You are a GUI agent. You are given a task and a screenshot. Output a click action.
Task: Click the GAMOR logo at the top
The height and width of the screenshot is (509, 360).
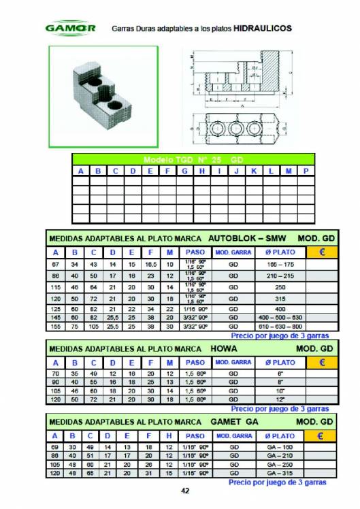(x=69, y=29)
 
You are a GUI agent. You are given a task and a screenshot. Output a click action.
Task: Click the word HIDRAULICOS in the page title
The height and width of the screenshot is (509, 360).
(x=262, y=29)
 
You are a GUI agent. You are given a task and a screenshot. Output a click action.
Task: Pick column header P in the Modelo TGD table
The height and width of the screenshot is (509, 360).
(x=306, y=171)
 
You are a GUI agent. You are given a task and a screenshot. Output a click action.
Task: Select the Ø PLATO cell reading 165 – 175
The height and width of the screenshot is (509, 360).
(x=279, y=263)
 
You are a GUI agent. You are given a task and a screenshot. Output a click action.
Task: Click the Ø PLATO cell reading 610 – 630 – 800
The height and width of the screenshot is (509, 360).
(x=279, y=327)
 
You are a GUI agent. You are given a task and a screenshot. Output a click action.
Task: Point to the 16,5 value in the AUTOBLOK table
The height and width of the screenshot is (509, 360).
(x=150, y=263)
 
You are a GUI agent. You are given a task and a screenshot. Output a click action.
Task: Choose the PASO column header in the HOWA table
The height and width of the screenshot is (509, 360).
(x=195, y=363)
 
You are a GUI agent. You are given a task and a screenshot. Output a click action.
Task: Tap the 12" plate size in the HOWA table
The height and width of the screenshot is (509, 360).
(x=279, y=399)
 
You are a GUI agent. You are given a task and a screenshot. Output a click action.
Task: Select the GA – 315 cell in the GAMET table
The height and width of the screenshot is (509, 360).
(x=279, y=472)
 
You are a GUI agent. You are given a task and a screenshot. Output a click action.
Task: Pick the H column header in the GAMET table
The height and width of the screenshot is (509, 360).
(x=169, y=436)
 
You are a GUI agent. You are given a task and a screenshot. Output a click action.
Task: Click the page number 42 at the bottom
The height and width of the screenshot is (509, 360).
(x=184, y=491)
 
